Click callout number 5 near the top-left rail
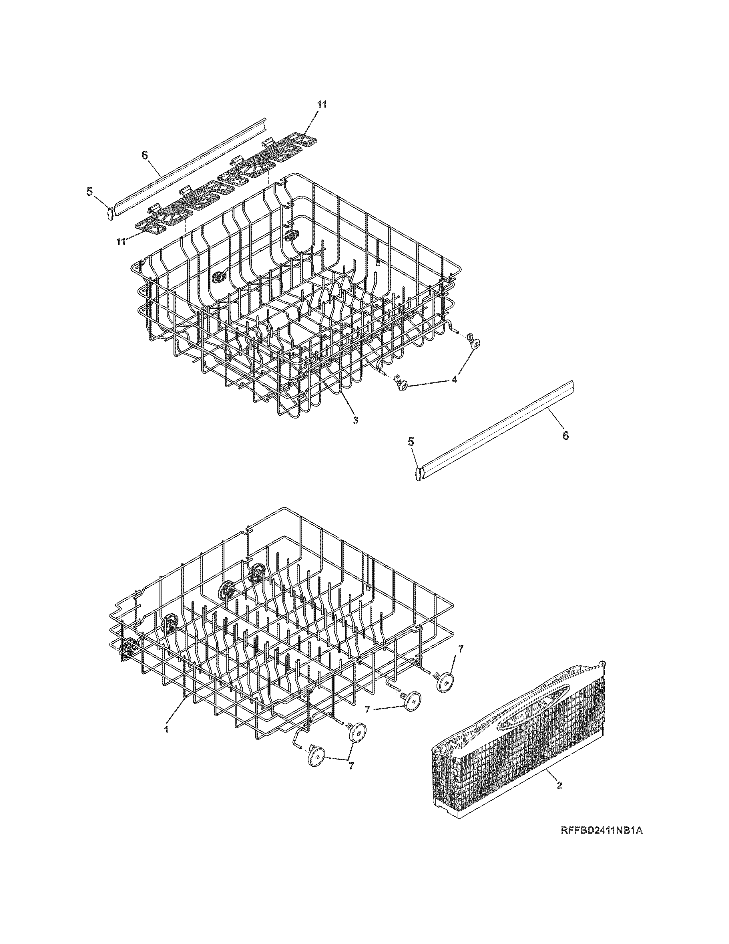[x=89, y=191]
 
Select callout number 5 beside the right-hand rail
[x=411, y=441]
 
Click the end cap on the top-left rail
[x=110, y=213]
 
